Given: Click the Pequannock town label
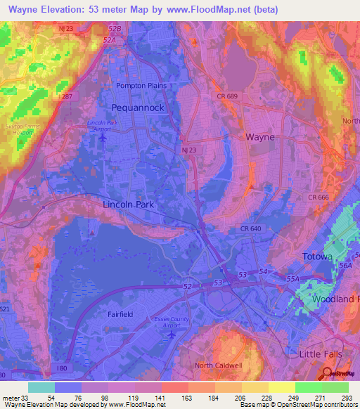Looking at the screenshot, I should (x=137, y=108).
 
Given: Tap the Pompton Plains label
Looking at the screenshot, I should (x=139, y=85).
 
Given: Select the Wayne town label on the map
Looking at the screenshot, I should (x=259, y=137).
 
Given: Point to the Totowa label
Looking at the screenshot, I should (x=316, y=257).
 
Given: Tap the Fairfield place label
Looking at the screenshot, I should (x=120, y=315).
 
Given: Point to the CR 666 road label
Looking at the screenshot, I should (x=318, y=197).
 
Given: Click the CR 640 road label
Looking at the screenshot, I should (x=250, y=228).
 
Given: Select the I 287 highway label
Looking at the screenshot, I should (x=67, y=96).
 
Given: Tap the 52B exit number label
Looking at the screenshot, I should (x=115, y=28).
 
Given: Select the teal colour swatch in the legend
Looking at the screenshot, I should (x=41, y=387).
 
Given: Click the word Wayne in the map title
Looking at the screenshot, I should (x=25, y=10).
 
